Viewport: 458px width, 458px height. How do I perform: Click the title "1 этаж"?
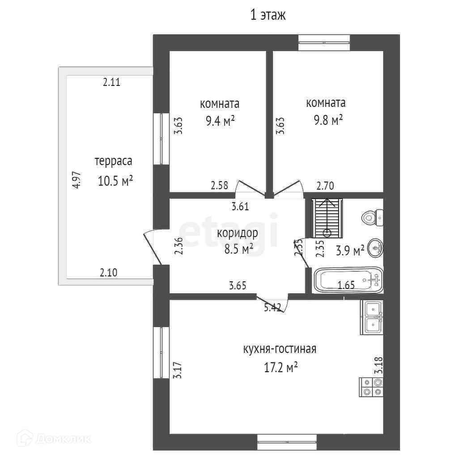click(x=267, y=15)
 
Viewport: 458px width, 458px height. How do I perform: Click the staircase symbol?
click(x=327, y=218)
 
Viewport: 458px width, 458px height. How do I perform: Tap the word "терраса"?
click(x=113, y=161)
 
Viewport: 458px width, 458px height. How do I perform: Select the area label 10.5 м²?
click(x=115, y=181)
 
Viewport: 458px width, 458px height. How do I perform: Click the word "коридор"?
click(x=237, y=233)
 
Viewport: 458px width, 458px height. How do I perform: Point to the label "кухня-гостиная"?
click(x=280, y=349)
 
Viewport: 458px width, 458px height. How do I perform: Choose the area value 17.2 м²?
click(x=281, y=368)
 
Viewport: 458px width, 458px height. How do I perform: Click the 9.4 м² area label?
click(x=220, y=121)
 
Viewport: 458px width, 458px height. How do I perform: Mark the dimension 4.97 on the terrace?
click(x=77, y=180)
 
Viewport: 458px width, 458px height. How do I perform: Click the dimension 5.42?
click(x=272, y=308)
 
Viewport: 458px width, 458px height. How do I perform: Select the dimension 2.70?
click(x=325, y=186)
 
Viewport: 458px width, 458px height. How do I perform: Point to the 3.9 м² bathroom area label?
click(x=350, y=251)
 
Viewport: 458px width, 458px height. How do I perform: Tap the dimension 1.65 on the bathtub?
click(x=346, y=285)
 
